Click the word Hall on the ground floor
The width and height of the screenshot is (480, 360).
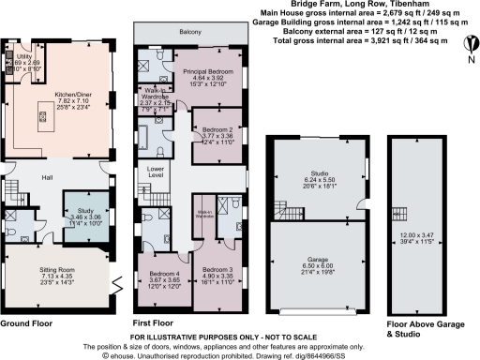tap(46, 175)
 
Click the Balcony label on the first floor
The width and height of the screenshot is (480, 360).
tap(192, 32)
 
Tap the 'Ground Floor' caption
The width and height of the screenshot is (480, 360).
tap(27, 324)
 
